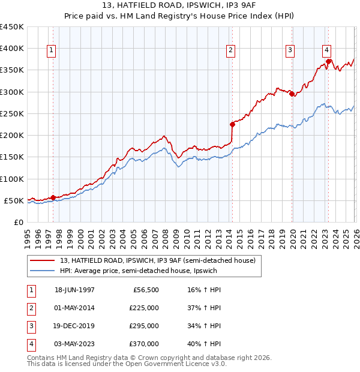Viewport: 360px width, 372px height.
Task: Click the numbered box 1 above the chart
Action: pos(52,50)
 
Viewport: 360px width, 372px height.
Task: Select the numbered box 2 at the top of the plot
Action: pos(231,50)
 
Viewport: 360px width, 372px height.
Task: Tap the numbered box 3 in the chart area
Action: pos(290,50)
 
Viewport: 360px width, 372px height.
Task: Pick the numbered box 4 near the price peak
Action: pos(326,50)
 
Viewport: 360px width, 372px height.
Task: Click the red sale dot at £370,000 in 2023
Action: pos(329,61)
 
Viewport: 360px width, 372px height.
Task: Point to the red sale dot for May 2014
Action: pos(232,124)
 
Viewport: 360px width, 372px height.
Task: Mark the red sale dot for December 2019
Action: pos(292,94)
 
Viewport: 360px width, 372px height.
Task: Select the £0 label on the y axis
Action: pos(18,223)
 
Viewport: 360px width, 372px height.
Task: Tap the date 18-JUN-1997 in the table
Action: pos(74,289)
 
